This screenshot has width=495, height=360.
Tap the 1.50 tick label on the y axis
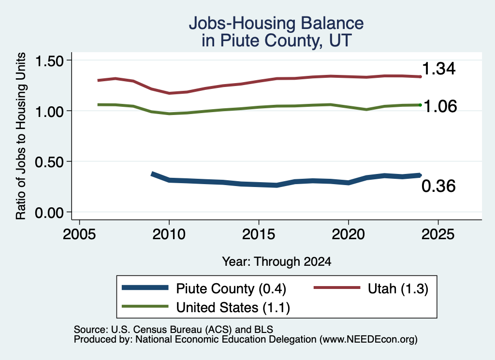pos(49,61)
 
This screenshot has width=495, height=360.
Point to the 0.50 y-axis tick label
pos(49,162)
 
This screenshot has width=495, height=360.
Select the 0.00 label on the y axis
pos(49,213)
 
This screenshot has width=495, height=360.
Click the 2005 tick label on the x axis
pos(80,234)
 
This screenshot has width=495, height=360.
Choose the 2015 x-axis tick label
pos(259,234)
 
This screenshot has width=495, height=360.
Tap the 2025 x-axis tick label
pos(438,234)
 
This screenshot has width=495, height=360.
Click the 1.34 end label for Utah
pos(438,69)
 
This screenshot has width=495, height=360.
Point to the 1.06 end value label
pos(440,106)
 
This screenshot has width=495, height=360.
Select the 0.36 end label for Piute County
pos(438,186)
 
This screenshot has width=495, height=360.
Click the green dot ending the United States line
pos(420,105)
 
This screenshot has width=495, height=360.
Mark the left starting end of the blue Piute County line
pos(152,174)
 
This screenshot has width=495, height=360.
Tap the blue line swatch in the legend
pos(145,288)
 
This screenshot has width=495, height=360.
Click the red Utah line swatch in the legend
pos(337,288)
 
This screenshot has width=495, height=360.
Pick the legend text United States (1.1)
pos(233,307)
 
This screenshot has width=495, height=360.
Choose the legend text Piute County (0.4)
pos(231,288)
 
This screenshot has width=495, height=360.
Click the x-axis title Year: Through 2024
pos(277,261)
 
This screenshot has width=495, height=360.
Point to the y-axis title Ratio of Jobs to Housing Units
pos(21,136)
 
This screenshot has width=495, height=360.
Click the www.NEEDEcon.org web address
pos(368,339)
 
